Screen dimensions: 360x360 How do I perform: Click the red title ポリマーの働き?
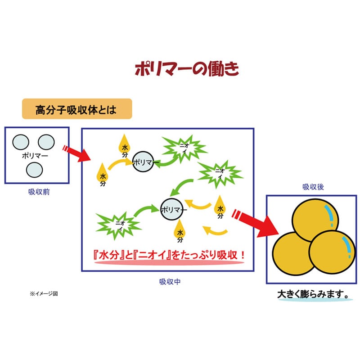tap(187, 69)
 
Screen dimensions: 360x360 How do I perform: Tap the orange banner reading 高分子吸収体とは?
tap(77, 109)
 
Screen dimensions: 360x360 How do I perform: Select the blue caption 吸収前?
tap(39, 192)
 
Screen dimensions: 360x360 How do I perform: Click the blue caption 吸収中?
tap(170, 282)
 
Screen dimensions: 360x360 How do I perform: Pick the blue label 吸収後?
tap(313, 187)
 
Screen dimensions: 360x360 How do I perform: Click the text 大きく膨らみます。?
tap(313, 294)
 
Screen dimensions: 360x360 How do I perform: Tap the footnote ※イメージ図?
tap(44, 294)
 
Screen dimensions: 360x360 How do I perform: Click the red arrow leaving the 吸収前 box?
tap(76, 153)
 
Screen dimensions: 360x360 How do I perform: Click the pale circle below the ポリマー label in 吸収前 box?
tap(35, 170)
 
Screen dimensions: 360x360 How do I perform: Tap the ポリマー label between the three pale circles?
tap(35, 156)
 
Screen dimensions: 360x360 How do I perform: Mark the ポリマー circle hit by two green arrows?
tap(172, 209)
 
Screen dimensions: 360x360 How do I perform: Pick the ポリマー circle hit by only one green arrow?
tap(143, 162)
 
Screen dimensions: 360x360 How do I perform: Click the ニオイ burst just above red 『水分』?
tap(118, 225)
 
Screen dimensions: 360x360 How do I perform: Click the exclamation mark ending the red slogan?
tap(242, 255)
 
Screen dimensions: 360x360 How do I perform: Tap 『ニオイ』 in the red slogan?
tap(152, 255)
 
